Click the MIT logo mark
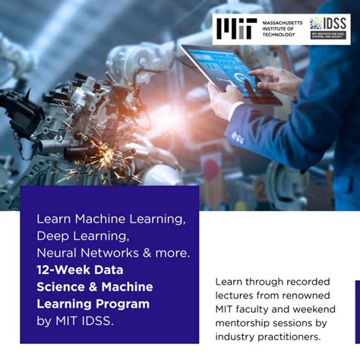235,28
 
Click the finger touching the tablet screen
255,73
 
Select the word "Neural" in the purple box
56,252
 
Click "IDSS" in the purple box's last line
97,321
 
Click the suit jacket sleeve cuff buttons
238,137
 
